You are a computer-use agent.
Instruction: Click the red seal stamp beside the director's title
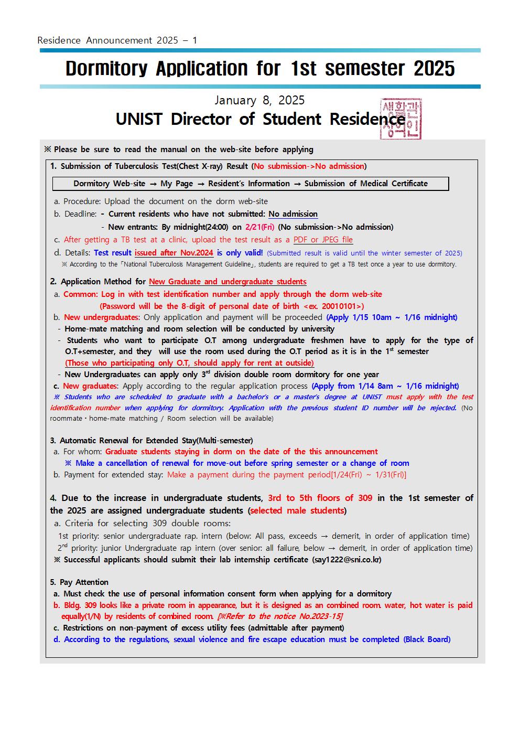point(400,119)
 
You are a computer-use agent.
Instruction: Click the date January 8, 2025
point(259,100)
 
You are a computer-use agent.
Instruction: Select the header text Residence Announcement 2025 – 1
point(117,40)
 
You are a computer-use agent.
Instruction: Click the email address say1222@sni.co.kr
point(347,560)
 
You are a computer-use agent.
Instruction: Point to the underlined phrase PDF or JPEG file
point(323,240)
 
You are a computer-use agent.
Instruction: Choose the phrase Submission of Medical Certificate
point(366,184)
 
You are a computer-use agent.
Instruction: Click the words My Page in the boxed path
point(177,184)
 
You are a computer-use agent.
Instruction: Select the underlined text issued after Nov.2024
point(174,253)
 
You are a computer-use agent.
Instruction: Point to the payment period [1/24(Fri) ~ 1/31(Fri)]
point(369,475)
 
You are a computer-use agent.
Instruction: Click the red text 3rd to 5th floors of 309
point(320,498)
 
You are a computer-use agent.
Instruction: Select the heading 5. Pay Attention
point(79,582)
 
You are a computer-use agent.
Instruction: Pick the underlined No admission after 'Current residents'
point(293,214)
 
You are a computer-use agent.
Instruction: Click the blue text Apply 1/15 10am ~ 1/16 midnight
point(392,317)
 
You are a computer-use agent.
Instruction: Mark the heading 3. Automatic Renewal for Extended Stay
point(151,441)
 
